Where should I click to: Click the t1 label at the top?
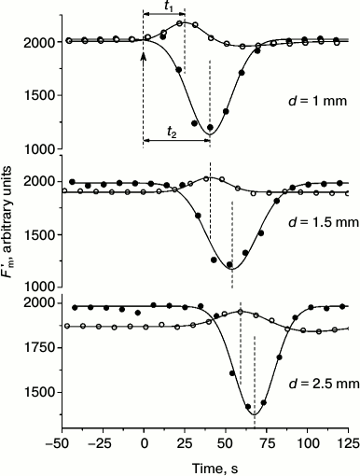coord(167,7)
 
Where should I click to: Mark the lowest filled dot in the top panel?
coord(210,127)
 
